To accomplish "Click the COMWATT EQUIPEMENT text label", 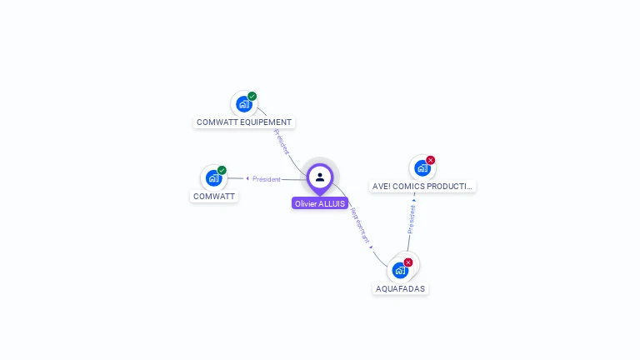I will pyautogui.click(x=243, y=122).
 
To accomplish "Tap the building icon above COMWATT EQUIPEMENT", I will pyautogui.click(x=243, y=104).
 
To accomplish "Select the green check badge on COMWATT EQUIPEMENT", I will pyautogui.click(x=252, y=96).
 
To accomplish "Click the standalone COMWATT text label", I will pyautogui.click(x=214, y=197).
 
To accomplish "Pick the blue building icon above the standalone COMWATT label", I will pyautogui.click(x=213, y=178).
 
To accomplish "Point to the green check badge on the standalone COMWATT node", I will pyautogui.click(x=222, y=170).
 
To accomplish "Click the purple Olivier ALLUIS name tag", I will pyautogui.click(x=320, y=203).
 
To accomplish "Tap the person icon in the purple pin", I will pyautogui.click(x=320, y=177).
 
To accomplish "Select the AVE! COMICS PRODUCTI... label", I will pyautogui.click(x=422, y=187).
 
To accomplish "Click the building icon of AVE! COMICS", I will pyautogui.click(x=422, y=168).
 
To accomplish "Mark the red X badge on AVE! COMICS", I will pyautogui.click(x=430, y=160).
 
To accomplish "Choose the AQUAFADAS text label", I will pyautogui.click(x=400, y=288).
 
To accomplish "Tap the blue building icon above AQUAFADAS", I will pyautogui.click(x=400, y=271).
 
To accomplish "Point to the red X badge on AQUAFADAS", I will pyautogui.click(x=408, y=262).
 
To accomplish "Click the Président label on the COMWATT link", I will pyautogui.click(x=267, y=178).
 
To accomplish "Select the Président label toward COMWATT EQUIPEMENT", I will pyautogui.click(x=281, y=142).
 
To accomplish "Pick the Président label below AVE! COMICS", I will pyautogui.click(x=411, y=217).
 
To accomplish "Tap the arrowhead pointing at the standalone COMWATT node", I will pyautogui.click(x=247, y=178).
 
